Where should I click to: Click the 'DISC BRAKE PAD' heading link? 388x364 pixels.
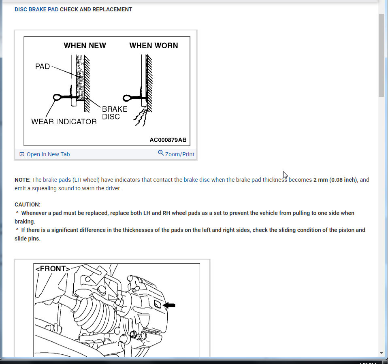[36, 9]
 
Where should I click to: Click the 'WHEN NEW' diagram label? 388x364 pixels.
[85, 46]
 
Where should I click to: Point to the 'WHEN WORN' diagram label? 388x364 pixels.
[153, 46]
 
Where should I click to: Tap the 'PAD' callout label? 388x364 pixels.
[43, 66]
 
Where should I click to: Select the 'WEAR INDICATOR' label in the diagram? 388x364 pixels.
[64, 121]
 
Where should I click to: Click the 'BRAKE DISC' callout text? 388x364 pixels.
[114, 113]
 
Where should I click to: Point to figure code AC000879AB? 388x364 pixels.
[168, 140]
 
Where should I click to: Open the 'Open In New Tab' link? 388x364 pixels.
[48, 154]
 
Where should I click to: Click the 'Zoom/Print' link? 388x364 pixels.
[179, 154]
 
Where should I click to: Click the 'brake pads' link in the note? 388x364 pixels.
[57, 180]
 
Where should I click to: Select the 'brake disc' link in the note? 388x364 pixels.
[196, 180]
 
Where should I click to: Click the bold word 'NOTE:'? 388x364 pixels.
[22, 180]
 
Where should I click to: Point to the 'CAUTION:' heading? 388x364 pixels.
[28, 205]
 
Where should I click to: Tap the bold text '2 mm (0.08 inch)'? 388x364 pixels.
[335, 180]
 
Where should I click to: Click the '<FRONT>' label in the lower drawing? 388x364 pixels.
[52, 268]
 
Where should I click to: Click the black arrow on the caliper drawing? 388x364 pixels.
[169, 305]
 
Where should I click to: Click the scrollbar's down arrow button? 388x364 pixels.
[381, 353]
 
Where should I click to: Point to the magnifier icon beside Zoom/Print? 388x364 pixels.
[161, 153]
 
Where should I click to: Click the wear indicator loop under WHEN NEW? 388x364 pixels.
[58, 97]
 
